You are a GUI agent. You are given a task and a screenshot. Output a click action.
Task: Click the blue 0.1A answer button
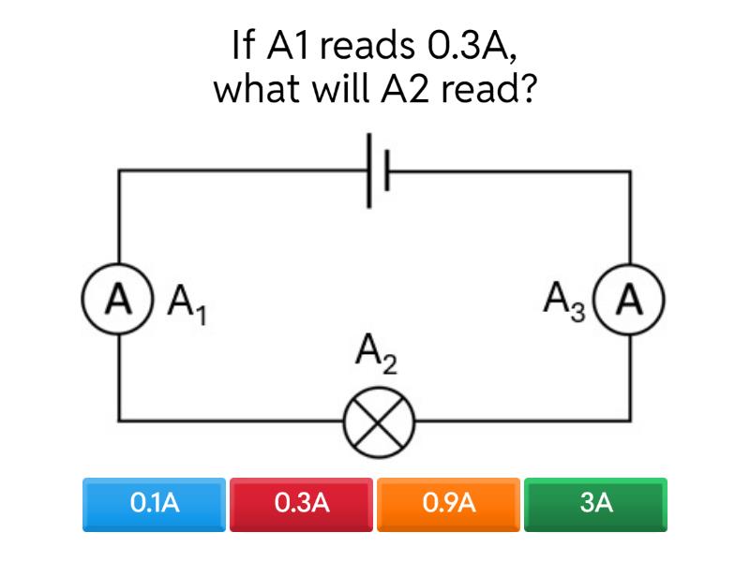click(x=155, y=504)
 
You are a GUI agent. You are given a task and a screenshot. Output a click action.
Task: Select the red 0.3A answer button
click(x=302, y=504)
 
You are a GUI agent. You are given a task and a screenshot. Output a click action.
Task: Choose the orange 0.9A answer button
click(x=449, y=504)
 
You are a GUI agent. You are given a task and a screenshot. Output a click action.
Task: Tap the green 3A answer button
click(x=596, y=504)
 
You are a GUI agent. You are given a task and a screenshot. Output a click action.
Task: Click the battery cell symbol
click(x=377, y=171)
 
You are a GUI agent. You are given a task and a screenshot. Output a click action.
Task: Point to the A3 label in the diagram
click(x=564, y=302)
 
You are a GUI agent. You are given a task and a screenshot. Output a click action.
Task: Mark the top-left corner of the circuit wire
click(x=119, y=172)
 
